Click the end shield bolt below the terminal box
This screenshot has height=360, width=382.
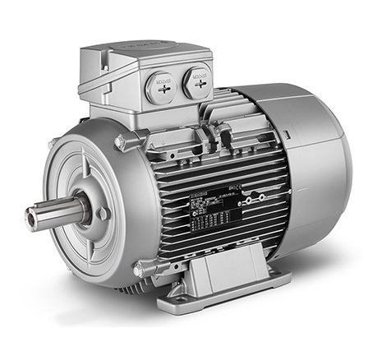(121, 144)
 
